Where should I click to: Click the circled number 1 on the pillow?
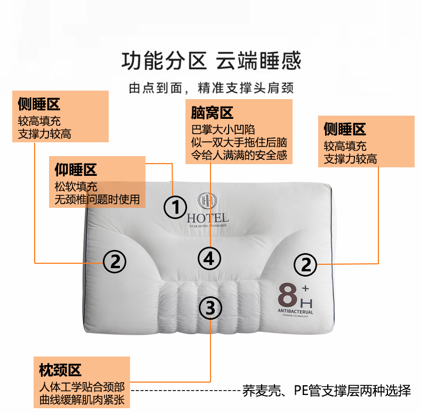pyautogui.click(x=175, y=207)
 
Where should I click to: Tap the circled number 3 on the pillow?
pyautogui.click(x=210, y=307)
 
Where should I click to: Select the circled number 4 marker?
pyautogui.click(x=209, y=258)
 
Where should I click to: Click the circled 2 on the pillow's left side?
pyautogui.click(x=115, y=262)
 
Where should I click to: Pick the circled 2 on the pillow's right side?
pyautogui.click(x=305, y=264)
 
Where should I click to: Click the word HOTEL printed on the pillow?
pyautogui.click(x=208, y=218)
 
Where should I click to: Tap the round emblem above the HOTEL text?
pyautogui.click(x=207, y=200)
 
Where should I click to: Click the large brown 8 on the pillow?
pyautogui.click(x=287, y=295)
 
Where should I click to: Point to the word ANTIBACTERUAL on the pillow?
pyautogui.click(x=295, y=311)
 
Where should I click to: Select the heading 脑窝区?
pyautogui.click(x=212, y=113)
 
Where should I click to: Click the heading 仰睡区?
pyautogui.click(x=76, y=169)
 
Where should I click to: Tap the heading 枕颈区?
pyautogui.click(x=60, y=370)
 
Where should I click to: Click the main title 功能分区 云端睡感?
pyautogui.click(x=212, y=61)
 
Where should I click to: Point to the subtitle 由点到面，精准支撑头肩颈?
pyautogui.click(x=212, y=88)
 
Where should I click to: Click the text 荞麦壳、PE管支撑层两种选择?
pyautogui.click(x=327, y=391)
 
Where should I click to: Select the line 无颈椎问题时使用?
pyautogui.click(x=97, y=199)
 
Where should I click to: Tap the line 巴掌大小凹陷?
pyautogui.click(x=223, y=129)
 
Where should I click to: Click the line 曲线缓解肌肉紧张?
pyautogui.click(x=82, y=400)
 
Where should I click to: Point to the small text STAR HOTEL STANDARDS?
pyautogui.click(x=208, y=226)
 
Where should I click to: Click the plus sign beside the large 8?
pyautogui.click(x=305, y=288)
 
